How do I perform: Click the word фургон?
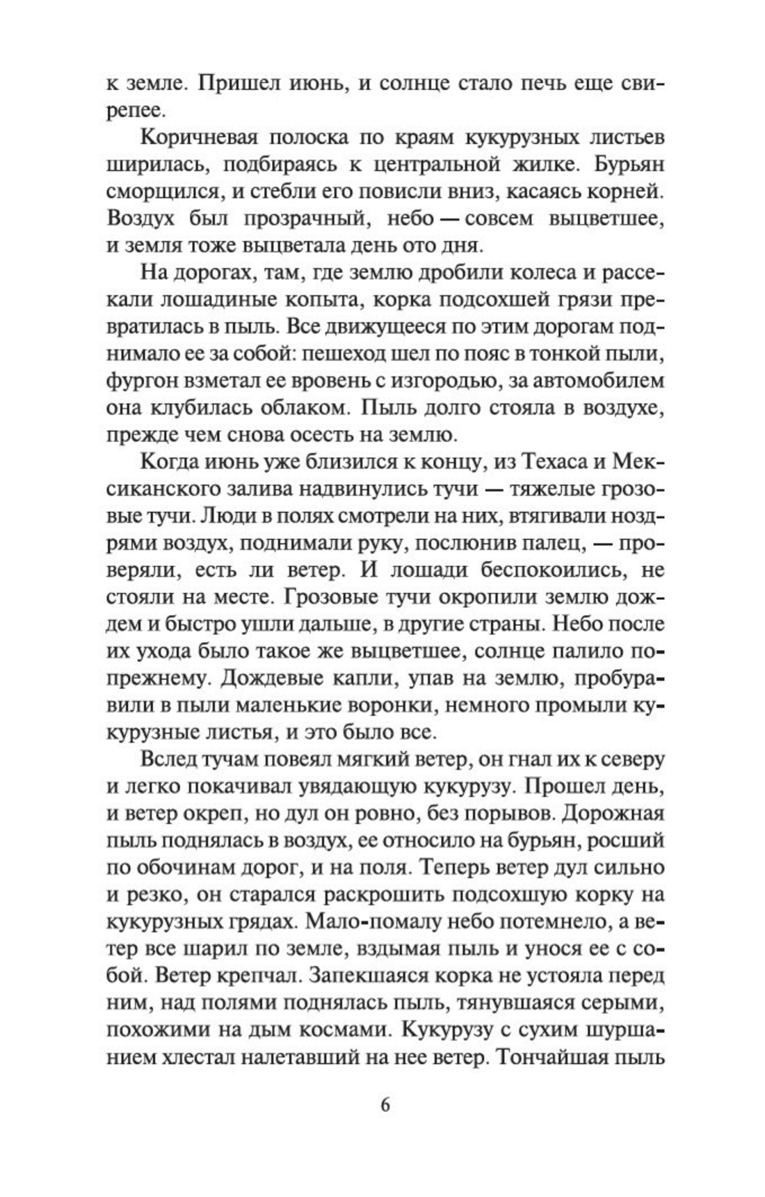142,382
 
